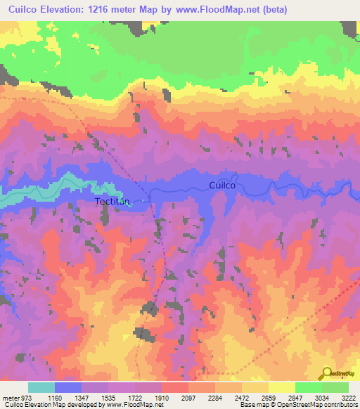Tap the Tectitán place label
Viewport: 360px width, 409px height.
point(113,201)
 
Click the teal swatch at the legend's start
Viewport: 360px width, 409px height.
point(41,388)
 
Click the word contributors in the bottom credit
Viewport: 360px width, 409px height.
point(342,404)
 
